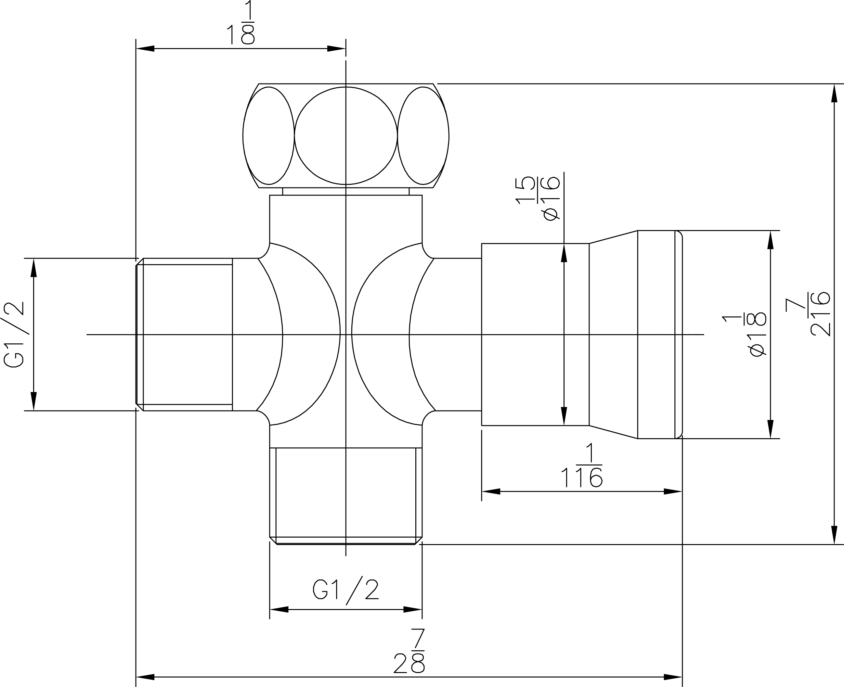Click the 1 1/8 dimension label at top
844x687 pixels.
click(x=241, y=22)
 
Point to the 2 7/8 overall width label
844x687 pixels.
click(x=409, y=651)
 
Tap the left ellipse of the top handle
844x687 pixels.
click(x=268, y=136)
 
